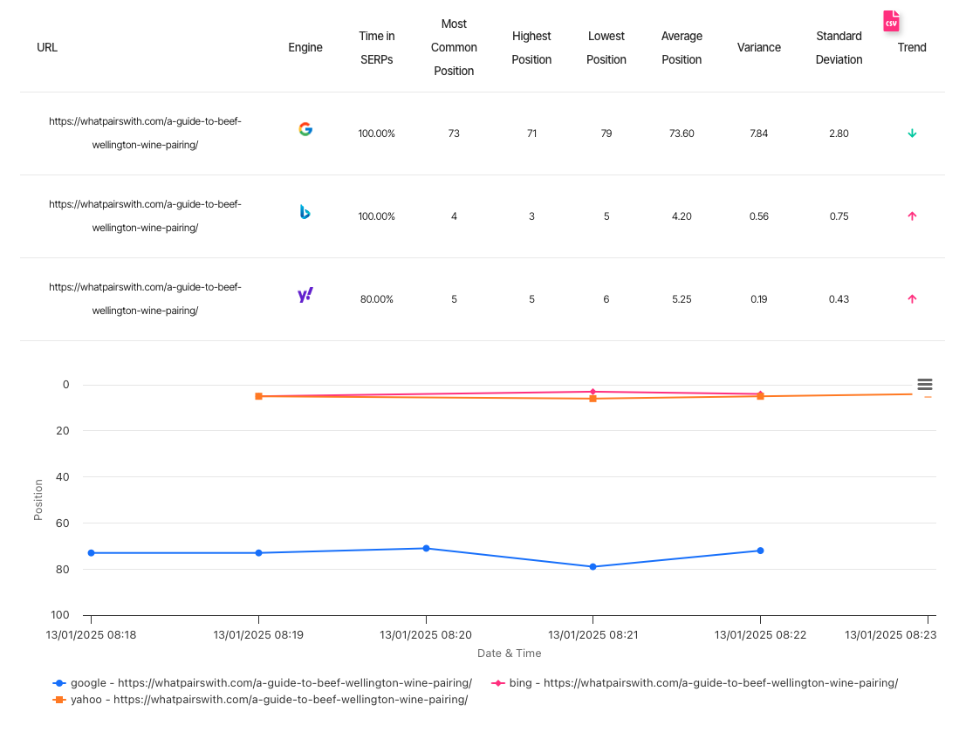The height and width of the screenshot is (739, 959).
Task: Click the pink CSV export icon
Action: (x=891, y=22)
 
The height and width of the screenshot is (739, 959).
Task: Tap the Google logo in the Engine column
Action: (x=305, y=129)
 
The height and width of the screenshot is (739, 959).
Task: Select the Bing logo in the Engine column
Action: (x=305, y=212)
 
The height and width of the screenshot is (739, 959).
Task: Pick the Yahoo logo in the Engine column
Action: (x=305, y=296)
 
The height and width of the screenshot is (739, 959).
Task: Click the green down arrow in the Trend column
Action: (x=912, y=133)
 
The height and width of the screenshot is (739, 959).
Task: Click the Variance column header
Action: (x=758, y=48)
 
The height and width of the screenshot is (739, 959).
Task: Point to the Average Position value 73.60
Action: (x=682, y=133)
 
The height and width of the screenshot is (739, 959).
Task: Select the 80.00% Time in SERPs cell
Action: (x=376, y=299)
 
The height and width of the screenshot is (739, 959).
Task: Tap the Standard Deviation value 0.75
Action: (x=839, y=216)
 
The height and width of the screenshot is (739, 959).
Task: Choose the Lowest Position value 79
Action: (x=606, y=133)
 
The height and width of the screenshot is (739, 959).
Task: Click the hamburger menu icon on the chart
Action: (x=925, y=385)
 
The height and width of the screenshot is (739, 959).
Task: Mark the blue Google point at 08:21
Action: (x=593, y=567)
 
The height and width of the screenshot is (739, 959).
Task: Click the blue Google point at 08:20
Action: (x=426, y=548)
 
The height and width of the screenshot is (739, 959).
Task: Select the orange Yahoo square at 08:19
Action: (x=258, y=396)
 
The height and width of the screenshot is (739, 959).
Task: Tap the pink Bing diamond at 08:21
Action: (x=593, y=392)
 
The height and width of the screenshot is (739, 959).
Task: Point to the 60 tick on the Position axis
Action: (x=63, y=523)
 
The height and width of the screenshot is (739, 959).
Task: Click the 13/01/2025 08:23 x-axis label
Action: (x=890, y=635)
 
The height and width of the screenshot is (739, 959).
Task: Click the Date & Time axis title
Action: (x=509, y=653)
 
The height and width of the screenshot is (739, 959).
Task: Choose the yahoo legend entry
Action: (x=262, y=700)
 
